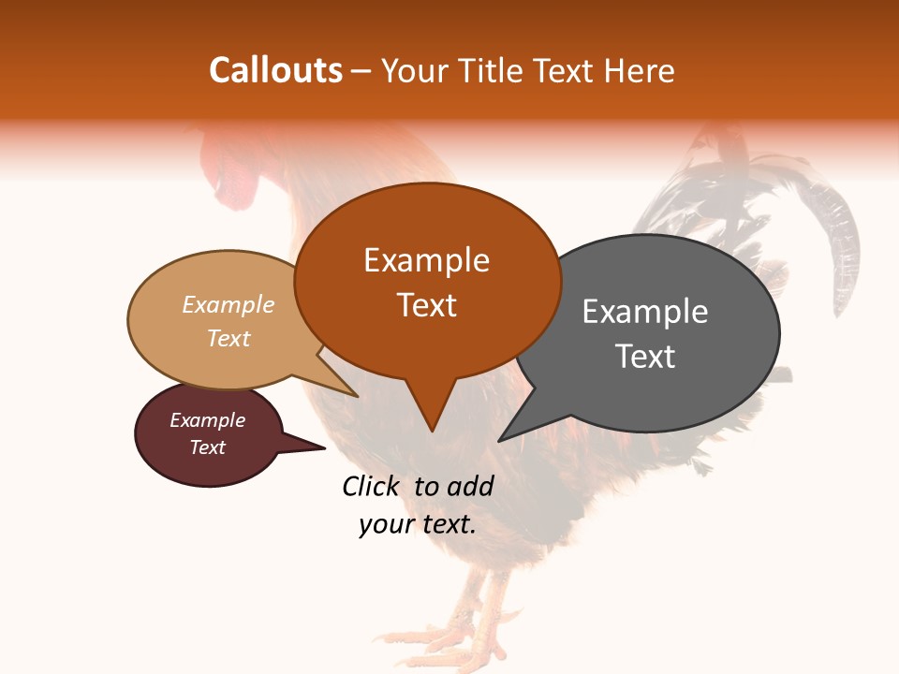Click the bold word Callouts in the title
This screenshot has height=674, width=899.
coord(275,70)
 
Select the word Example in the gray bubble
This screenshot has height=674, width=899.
coord(644,312)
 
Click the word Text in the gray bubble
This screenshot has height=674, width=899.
coord(644,357)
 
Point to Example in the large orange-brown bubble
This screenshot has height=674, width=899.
coord(426,260)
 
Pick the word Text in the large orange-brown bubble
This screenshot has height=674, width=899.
coord(426,305)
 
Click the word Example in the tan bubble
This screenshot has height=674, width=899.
coord(228,305)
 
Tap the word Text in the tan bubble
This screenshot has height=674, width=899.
coord(228,338)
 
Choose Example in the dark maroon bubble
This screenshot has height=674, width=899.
coord(207,420)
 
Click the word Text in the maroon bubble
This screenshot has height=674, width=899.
coord(207,447)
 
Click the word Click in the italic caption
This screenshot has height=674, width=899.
coord(371,486)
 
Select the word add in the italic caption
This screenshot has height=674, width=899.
coord(470,486)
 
